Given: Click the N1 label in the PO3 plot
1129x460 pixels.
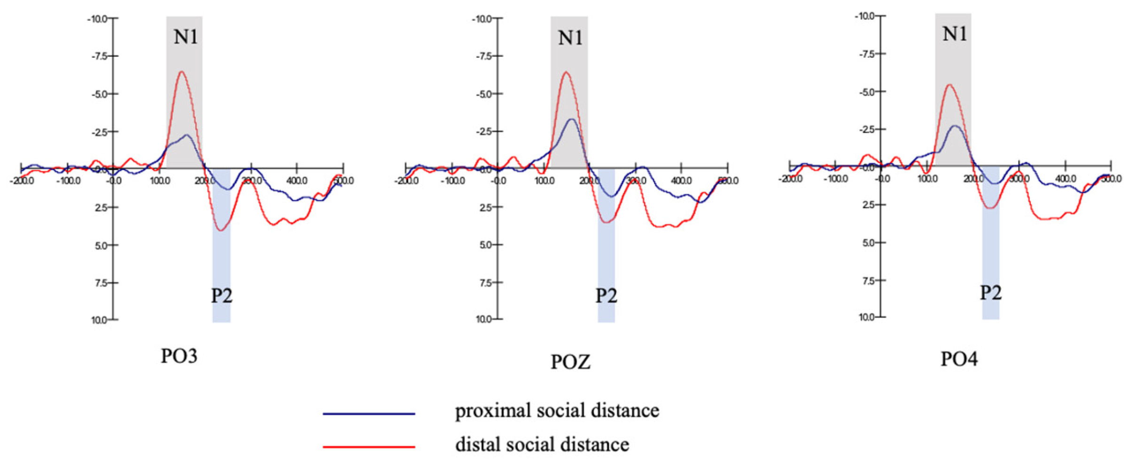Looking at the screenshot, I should click(186, 37).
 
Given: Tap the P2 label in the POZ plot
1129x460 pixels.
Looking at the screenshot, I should click(606, 296).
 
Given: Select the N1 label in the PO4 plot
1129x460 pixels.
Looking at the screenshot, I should click(955, 34).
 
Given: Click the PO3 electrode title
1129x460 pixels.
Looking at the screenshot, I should click(179, 356).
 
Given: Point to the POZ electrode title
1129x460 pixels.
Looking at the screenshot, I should click(570, 362).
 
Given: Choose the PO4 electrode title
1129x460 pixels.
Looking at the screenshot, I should click(959, 359).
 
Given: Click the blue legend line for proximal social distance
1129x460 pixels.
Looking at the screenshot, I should click(369, 414).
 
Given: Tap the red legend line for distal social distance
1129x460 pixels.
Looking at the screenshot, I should click(369, 447).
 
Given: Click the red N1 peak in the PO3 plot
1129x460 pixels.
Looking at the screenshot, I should click(181, 72).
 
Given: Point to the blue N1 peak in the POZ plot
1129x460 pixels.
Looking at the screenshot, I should click(572, 119).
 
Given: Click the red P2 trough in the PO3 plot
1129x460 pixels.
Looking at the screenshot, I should click(220, 230).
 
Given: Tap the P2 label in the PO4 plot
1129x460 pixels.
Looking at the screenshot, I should click(990, 293).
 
